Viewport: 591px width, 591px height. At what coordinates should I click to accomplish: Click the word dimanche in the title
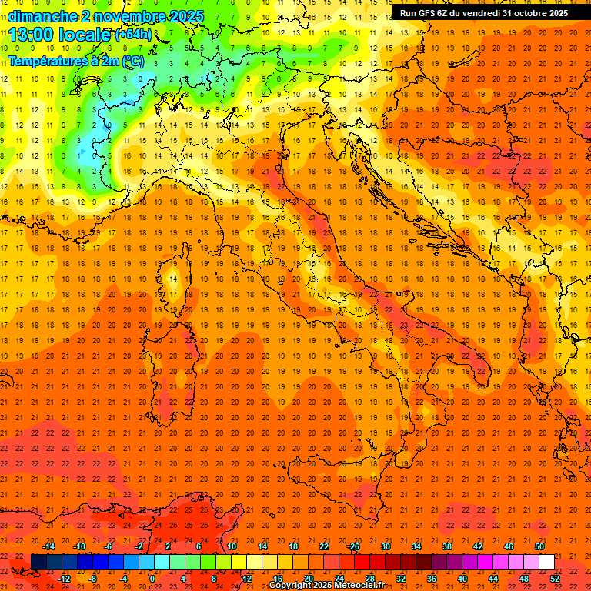click(42, 16)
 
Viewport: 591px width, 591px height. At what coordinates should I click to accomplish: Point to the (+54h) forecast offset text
click(133, 35)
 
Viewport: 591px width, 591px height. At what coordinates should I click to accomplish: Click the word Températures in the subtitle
click(44, 60)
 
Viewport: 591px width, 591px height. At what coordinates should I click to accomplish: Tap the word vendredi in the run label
click(482, 12)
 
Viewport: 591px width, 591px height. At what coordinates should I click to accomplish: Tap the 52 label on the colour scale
click(555, 578)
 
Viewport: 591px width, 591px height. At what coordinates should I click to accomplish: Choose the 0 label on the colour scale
click(152, 578)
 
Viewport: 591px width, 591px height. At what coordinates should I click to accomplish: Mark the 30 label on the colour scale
click(385, 546)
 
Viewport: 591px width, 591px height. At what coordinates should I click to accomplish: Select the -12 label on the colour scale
click(64, 578)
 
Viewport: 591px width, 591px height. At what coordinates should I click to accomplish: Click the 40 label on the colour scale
click(462, 578)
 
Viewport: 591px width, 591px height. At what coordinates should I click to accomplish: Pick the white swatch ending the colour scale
click(546, 562)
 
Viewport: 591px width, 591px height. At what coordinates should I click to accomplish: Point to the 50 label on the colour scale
click(539, 546)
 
